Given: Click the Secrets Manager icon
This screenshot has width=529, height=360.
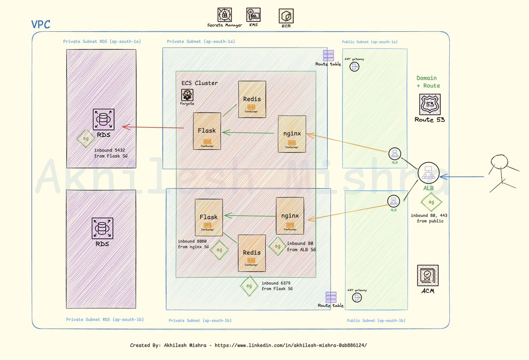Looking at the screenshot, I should [x=225, y=15].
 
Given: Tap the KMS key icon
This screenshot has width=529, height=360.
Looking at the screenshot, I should [x=253, y=15].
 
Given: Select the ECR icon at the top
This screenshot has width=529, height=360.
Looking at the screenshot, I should [x=286, y=16].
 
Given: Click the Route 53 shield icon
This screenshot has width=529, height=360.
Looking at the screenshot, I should [x=427, y=105].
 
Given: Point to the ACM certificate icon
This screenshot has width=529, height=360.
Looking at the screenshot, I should [x=427, y=276].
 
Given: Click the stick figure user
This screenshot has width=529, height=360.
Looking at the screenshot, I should [x=501, y=173].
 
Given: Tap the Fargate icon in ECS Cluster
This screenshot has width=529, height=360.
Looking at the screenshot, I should [x=187, y=95].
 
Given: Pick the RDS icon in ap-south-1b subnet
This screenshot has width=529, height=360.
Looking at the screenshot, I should [x=102, y=229].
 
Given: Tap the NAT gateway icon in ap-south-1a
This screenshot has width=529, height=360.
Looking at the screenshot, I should [x=354, y=67].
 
